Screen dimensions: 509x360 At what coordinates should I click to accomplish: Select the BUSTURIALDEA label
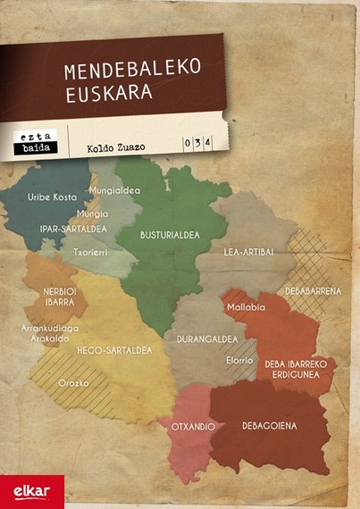pos(167,236)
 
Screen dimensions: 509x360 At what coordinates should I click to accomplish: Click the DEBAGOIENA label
pos(270,426)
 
